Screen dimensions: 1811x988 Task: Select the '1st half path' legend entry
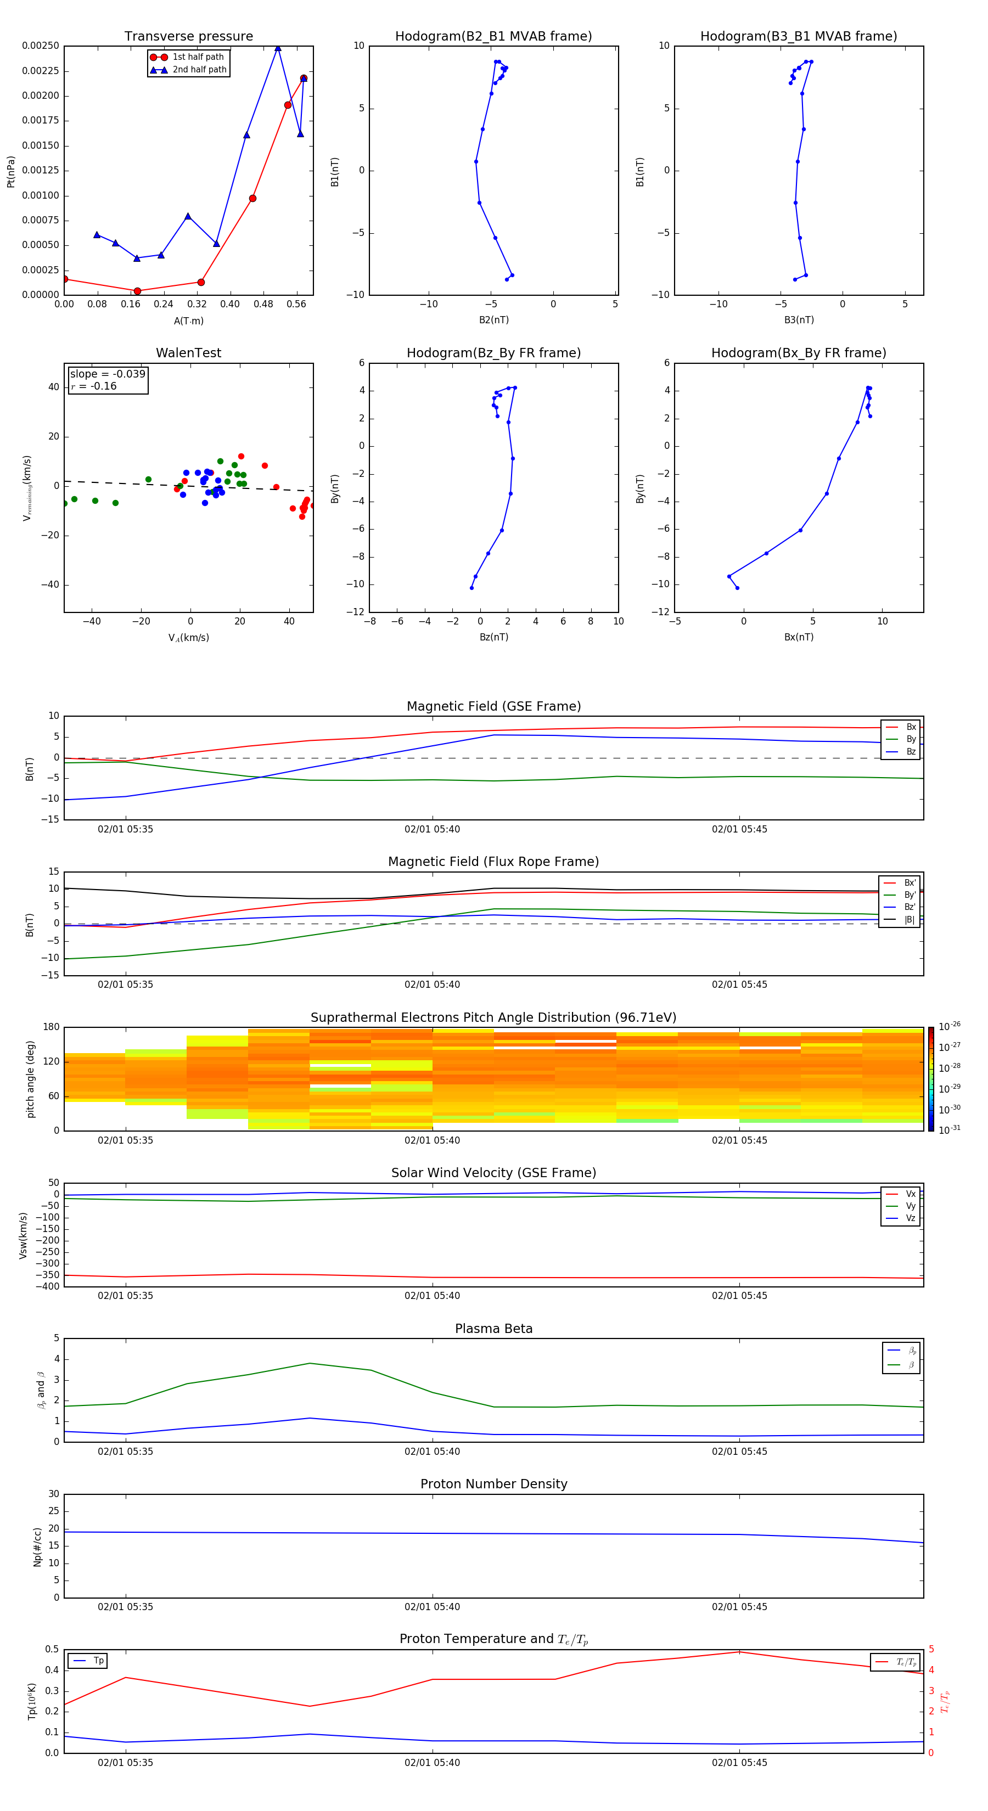click(x=198, y=57)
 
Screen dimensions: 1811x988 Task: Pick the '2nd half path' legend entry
click(x=199, y=70)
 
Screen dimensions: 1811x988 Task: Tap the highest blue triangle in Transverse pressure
click(x=278, y=48)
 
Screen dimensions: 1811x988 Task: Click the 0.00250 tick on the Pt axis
click(x=41, y=46)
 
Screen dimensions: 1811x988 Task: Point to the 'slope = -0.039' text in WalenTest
click(x=108, y=374)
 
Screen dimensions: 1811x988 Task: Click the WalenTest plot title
click(x=188, y=353)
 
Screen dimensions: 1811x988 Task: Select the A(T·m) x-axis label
click(x=188, y=321)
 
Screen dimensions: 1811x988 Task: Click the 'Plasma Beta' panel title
click(x=493, y=1329)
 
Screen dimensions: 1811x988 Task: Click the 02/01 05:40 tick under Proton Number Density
click(x=432, y=1606)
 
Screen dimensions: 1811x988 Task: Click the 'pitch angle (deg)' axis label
click(x=30, y=1079)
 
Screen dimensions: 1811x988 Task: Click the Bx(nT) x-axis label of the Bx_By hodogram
click(x=799, y=637)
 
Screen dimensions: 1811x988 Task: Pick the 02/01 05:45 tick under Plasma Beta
click(x=739, y=1451)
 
